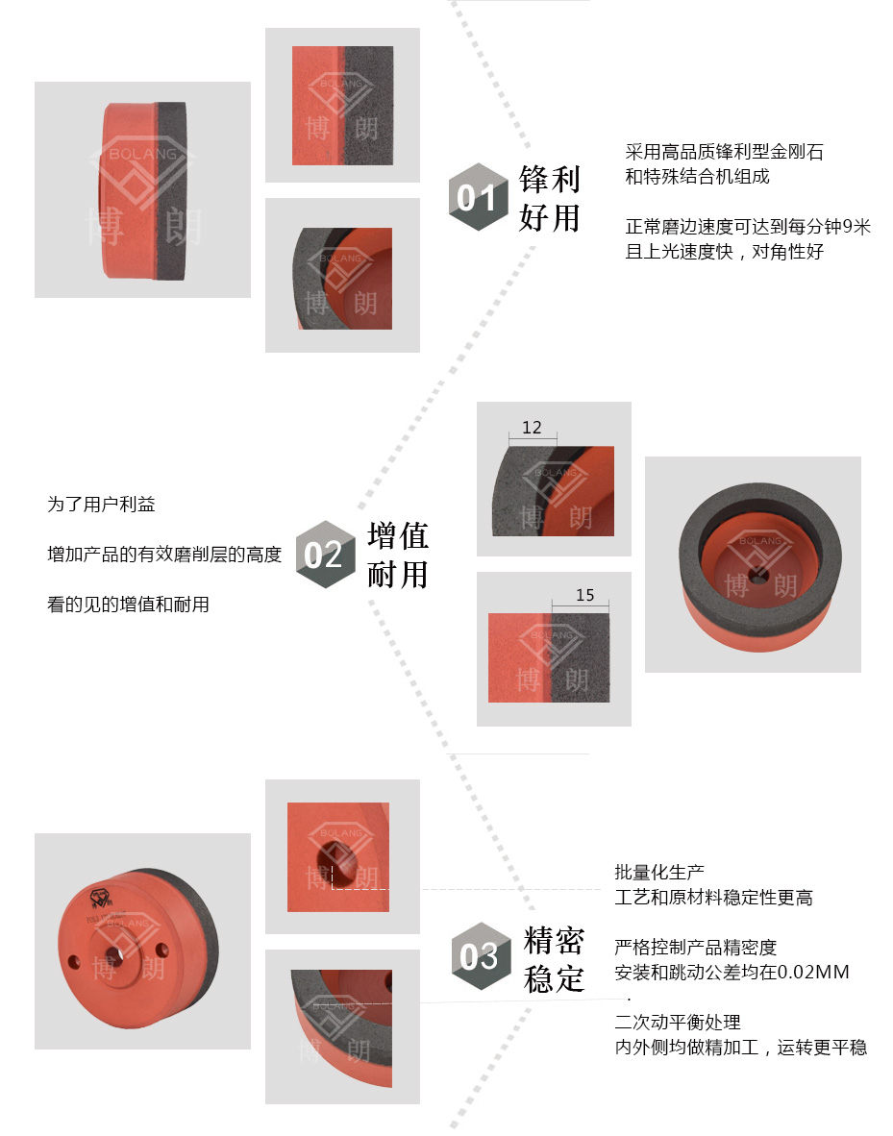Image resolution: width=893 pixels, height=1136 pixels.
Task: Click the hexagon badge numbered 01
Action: point(479,197)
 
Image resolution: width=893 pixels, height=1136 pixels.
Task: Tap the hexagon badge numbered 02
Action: point(326,555)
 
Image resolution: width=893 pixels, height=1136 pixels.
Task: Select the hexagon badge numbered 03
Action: point(482,956)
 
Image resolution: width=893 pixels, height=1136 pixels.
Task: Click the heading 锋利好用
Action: point(550,199)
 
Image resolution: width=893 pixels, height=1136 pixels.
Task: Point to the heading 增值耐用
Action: point(398,555)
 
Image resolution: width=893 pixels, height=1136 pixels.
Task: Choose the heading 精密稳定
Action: point(554,959)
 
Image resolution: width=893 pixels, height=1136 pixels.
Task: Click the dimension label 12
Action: point(532,428)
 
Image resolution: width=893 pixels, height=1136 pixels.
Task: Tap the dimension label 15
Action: point(585,595)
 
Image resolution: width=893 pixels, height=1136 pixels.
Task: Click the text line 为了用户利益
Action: point(102,505)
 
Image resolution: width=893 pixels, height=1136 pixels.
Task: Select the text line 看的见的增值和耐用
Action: point(128,605)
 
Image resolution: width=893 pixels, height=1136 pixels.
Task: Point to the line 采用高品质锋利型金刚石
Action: point(724,152)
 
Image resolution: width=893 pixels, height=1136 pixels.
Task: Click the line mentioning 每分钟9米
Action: point(748,227)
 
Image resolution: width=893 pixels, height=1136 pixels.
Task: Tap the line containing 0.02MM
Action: point(732,972)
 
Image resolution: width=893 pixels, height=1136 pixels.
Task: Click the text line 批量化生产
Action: point(658,872)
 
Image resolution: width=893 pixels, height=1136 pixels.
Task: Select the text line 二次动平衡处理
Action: point(677,1023)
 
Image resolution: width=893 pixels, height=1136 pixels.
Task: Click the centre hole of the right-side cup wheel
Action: point(758,578)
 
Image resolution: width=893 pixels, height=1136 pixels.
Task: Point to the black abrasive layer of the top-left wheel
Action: point(171,190)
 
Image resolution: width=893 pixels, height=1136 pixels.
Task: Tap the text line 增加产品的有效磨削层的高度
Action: point(164,555)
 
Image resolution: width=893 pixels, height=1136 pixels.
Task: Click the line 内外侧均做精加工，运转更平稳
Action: point(741,1047)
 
